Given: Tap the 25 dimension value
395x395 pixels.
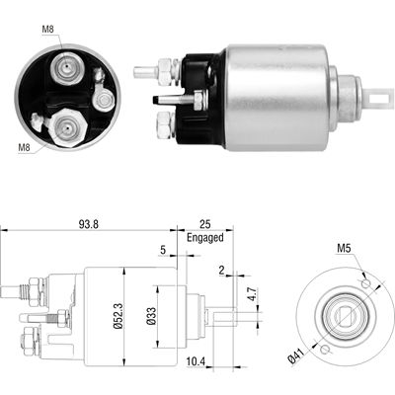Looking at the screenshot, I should [x=204, y=225].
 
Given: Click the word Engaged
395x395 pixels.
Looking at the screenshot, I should [x=205, y=238].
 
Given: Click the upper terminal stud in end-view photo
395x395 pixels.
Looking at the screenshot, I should [x=66, y=68].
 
